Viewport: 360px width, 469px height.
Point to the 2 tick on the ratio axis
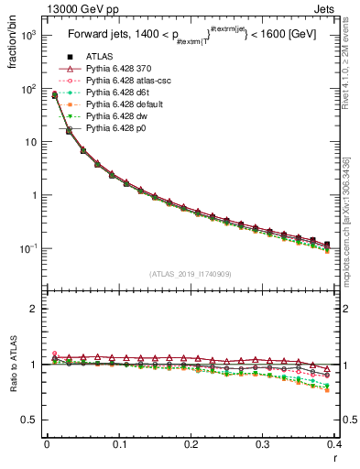click(x=34, y=309)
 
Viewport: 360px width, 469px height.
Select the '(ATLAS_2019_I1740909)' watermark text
click(x=191, y=273)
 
